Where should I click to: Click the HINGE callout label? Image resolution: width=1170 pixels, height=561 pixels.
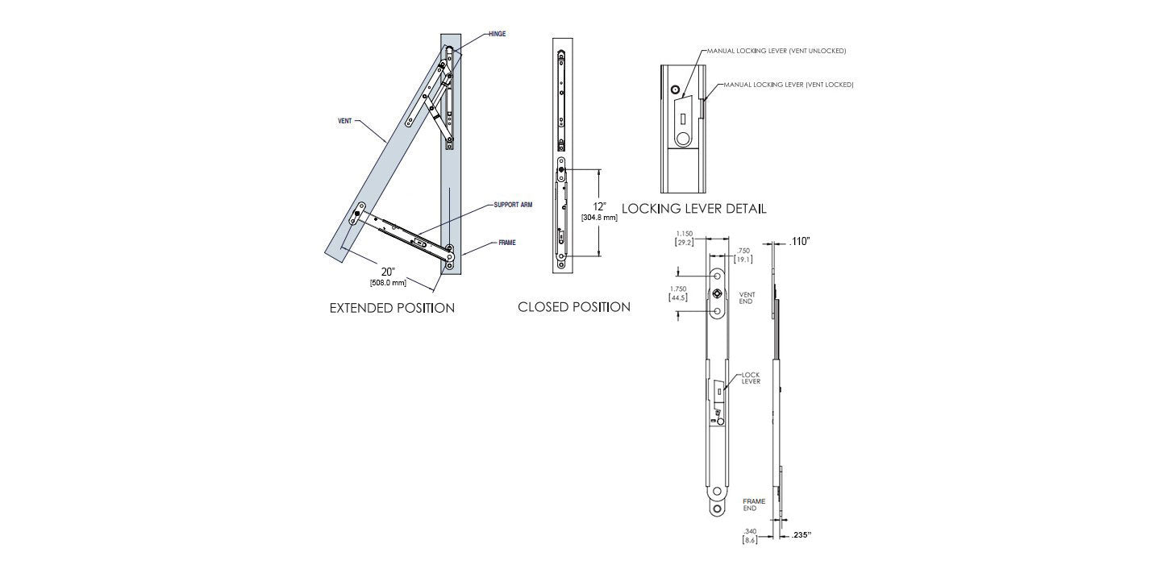click(497, 35)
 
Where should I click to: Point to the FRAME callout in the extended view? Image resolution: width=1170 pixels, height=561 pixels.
click(506, 242)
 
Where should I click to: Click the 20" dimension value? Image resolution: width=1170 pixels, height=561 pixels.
click(389, 271)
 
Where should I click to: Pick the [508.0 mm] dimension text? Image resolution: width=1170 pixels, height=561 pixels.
click(388, 283)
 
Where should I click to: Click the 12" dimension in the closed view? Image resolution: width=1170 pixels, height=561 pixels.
click(598, 206)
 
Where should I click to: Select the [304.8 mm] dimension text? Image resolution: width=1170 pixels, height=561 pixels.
click(598, 218)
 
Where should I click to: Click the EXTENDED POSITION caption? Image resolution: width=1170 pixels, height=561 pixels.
click(392, 308)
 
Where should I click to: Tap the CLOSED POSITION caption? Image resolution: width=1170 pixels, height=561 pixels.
click(573, 307)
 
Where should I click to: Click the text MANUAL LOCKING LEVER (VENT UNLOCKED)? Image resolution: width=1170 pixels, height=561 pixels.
click(777, 51)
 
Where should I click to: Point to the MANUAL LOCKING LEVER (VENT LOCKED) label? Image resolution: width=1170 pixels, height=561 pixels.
click(788, 85)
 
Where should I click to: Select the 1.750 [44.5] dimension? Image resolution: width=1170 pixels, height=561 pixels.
click(679, 293)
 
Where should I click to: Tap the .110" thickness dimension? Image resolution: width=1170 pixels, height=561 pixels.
click(799, 240)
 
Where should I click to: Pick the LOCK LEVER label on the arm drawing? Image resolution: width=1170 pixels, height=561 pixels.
click(750, 377)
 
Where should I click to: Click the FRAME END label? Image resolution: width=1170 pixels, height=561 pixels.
click(753, 505)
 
